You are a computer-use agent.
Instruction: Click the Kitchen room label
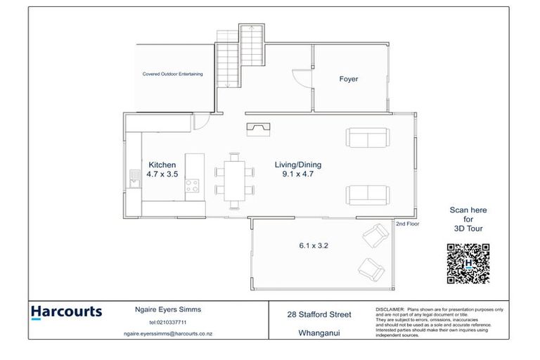[161, 165]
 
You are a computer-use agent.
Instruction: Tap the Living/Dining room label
[297, 165]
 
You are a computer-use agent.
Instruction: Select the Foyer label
[349, 79]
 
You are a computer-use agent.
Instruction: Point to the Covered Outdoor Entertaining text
[173, 73]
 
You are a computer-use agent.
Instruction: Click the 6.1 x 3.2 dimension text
[314, 246]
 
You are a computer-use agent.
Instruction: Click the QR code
[468, 264]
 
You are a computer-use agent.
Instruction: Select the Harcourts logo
[66, 312]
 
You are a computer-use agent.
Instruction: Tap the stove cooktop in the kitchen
[192, 186]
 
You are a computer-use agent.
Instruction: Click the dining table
[235, 180]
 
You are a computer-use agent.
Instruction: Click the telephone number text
[167, 322]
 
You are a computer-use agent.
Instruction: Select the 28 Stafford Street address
[319, 314]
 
